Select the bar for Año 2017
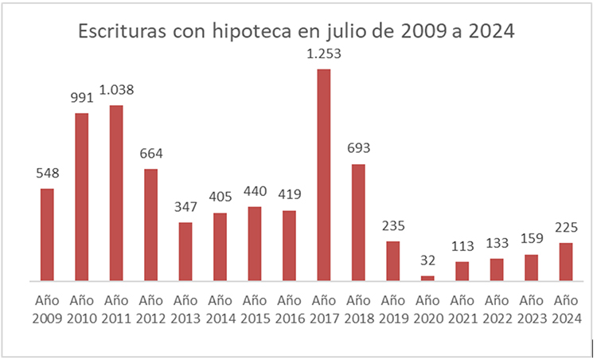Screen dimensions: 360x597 [x=324, y=175]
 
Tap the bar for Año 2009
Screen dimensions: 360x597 [x=47, y=235]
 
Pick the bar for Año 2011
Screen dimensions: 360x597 [x=116, y=194]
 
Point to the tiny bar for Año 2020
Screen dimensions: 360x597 [x=427, y=278]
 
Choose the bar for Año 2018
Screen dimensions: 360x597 [x=358, y=223]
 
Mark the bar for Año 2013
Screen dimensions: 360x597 [x=185, y=252]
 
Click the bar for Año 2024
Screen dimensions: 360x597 [x=566, y=262]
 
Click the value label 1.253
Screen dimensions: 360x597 [x=324, y=53]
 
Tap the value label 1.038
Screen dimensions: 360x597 [x=116, y=90]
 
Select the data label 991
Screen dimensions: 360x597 [x=82, y=98]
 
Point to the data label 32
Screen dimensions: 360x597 [x=427, y=260]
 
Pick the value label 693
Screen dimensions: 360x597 [x=358, y=149]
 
